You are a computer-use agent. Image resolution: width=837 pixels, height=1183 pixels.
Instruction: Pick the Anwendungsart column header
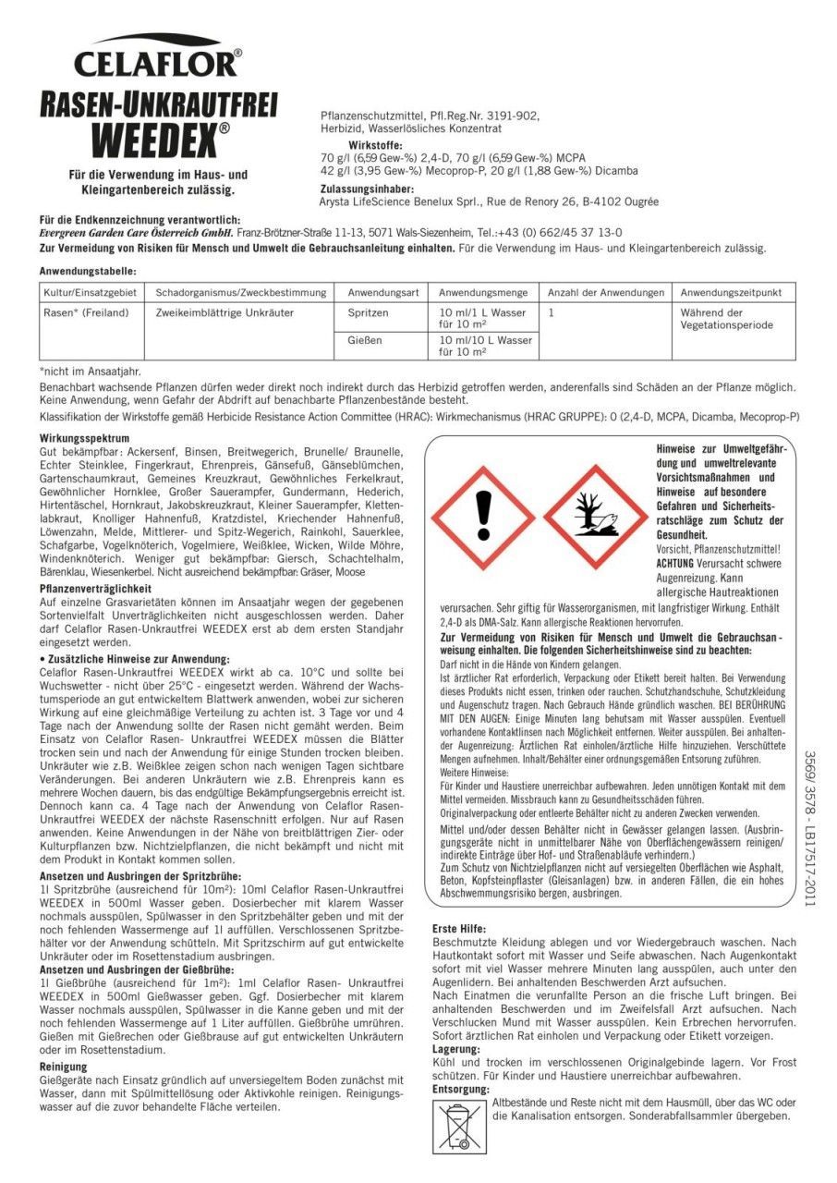[382, 293]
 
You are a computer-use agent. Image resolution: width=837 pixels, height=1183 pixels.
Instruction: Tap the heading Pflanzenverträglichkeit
[96, 588]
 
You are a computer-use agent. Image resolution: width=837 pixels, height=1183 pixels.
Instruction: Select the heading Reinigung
[64, 1066]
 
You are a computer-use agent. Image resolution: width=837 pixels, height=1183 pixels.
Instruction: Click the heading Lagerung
[456, 1050]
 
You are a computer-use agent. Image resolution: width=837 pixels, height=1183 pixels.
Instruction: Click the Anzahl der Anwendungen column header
[606, 293]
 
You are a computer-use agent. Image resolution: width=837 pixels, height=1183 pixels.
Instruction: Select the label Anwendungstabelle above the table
[88, 272]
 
